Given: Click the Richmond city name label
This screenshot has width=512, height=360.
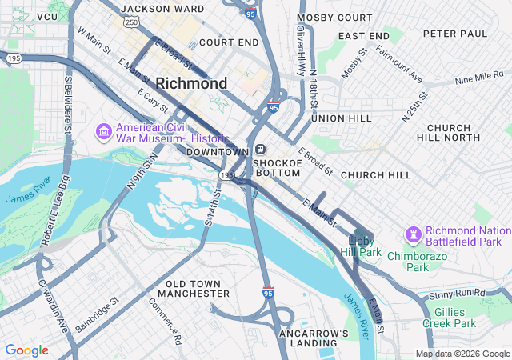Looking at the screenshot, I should pos(191,83).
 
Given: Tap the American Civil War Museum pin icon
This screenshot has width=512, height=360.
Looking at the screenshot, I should pos(103,130).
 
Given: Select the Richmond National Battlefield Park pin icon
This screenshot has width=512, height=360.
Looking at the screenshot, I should pos(414,234).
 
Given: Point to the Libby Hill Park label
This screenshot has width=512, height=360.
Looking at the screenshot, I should pos(365,246).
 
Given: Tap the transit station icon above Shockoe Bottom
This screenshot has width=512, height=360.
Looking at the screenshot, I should pos(261,150).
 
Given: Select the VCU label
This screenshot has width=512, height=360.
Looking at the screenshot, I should pos(47,16).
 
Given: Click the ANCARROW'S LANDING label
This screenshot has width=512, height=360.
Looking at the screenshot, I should pos(314,338).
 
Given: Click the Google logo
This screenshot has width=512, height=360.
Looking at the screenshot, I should pos(26,350).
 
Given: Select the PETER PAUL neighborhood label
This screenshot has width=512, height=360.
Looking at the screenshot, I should pos(454,34).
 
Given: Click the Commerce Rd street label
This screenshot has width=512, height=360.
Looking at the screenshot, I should pos(166,321).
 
